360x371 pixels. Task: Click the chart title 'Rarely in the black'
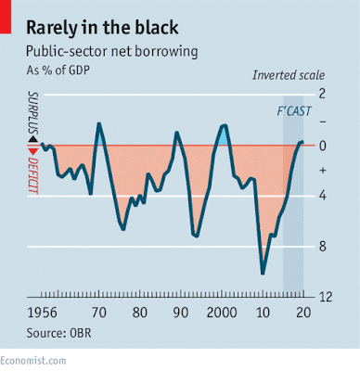click(102, 28)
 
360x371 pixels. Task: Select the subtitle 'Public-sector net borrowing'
click(111, 51)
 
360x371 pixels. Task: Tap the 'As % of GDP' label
click(58, 70)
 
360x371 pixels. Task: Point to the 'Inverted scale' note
click(289, 75)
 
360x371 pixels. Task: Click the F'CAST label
click(294, 111)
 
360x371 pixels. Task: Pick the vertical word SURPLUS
click(32, 113)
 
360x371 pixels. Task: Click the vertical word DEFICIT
click(32, 175)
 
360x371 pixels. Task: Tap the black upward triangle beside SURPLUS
click(32, 139)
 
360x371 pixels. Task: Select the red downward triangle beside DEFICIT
click(32, 151)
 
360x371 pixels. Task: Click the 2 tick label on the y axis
click(322, 94)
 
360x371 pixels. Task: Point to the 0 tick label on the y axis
click(322, 146)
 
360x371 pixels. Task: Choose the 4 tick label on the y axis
click(322, 196)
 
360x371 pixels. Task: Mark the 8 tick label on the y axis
click(322, 247)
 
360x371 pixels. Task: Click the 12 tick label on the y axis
click(326, 297)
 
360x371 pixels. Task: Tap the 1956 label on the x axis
click(43, 313)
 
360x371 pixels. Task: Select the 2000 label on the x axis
click(222, 313)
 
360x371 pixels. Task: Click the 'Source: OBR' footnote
click(58, 333)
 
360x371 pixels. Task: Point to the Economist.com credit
click(33, 361)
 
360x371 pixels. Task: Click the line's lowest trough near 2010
click(263, 274)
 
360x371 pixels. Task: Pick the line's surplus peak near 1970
click(99, 123)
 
